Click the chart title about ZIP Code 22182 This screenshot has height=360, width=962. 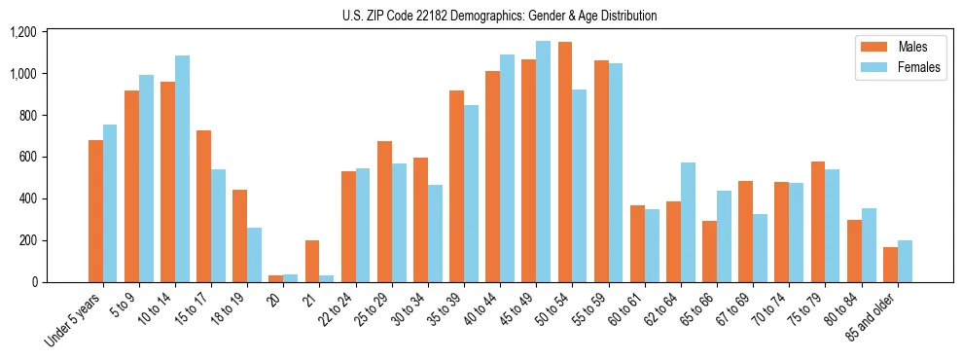pos(500,16)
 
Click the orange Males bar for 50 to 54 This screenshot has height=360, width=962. pos(565,162)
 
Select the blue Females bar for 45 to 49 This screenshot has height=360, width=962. pos(543,162)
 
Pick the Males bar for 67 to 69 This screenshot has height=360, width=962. pos(745,232)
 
